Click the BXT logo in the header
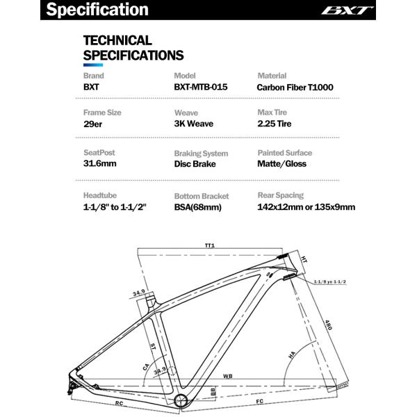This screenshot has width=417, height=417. (357, 10)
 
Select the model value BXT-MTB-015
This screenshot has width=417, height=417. (201, 88)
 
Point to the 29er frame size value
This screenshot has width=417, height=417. (94, 125)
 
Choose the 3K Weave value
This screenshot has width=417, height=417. (193, 125)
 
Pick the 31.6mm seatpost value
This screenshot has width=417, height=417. (100, 165)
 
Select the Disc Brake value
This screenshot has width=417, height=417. (195, 165)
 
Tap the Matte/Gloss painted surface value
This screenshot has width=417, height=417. (281, 165)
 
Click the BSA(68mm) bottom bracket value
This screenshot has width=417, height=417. (200, 207)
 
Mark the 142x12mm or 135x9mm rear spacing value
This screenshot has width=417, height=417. (306, 207)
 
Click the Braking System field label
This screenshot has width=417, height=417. (201, 154)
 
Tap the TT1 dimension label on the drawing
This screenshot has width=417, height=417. (209, 245)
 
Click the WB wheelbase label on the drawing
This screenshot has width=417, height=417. (227, 377)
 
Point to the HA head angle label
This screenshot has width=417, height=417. (292, 355)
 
